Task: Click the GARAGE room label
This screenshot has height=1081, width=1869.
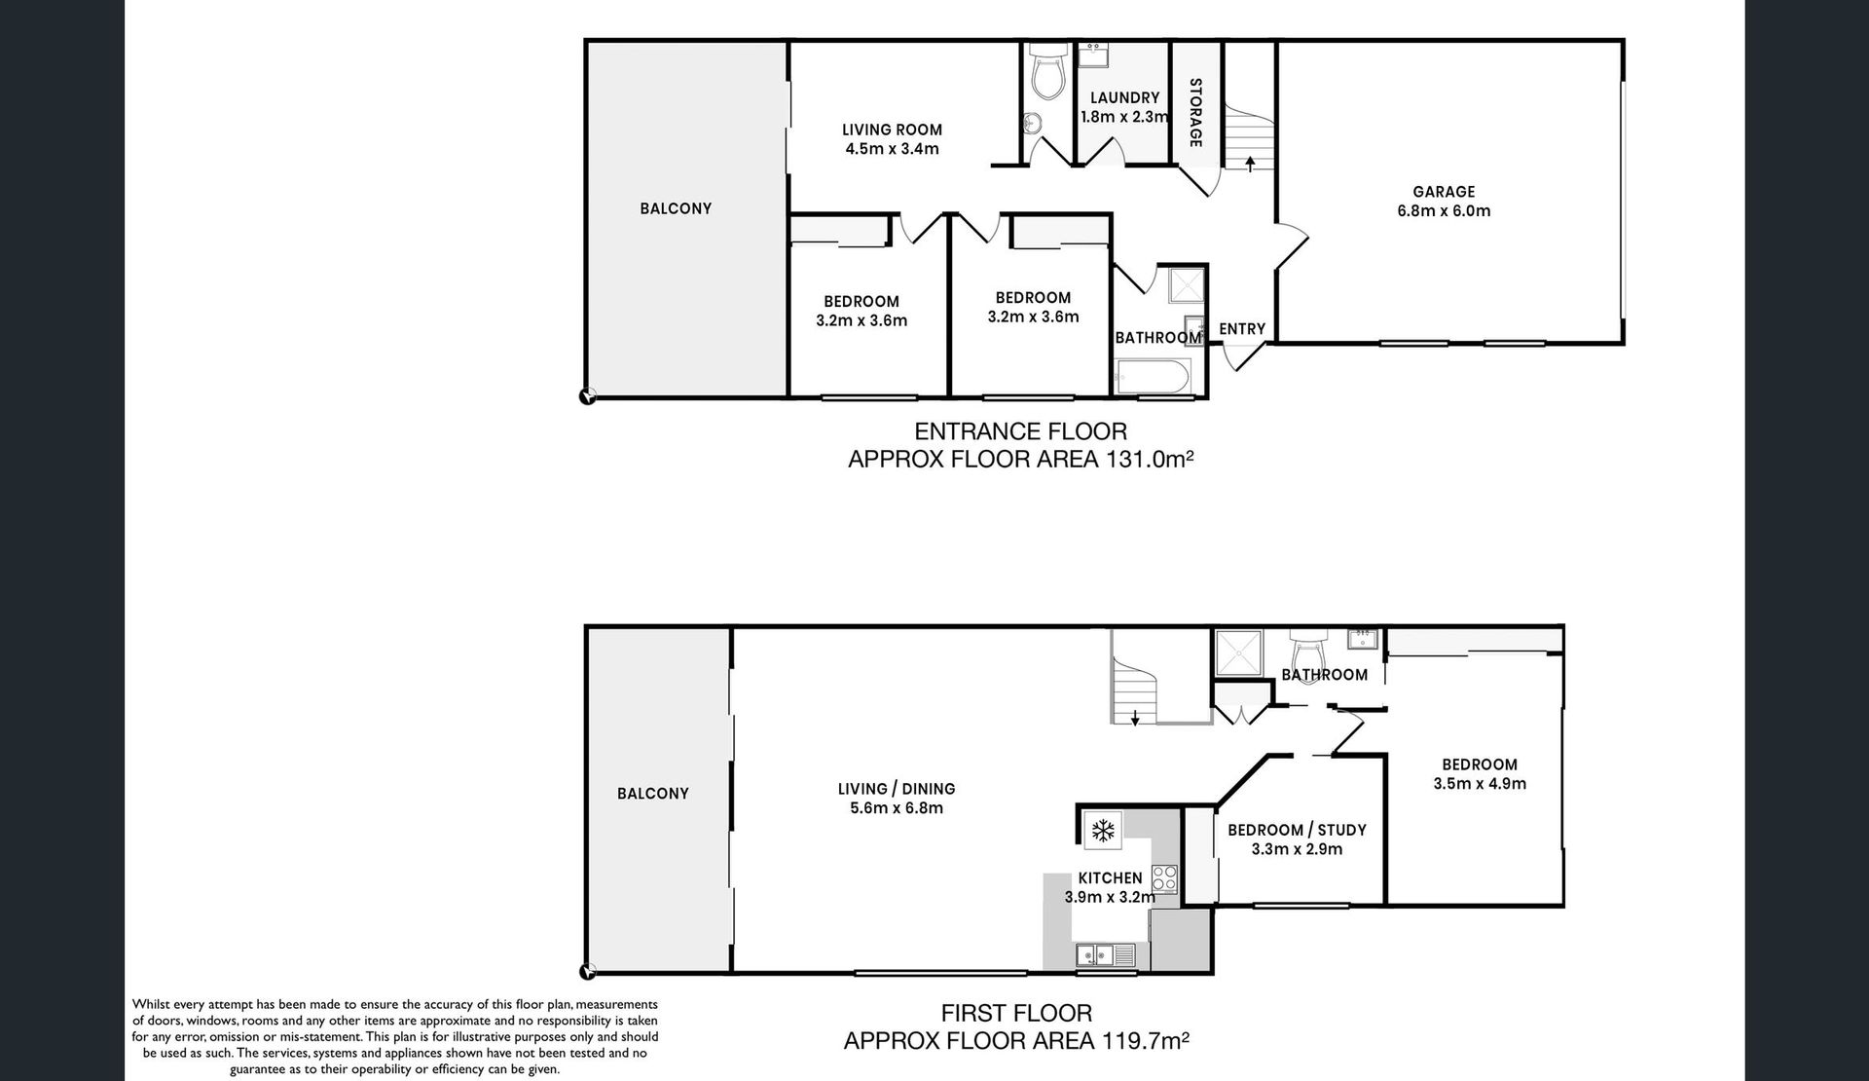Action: [1444, 192]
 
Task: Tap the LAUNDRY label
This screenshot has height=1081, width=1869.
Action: [1124, 97]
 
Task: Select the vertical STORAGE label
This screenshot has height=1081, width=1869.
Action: [1195, 113]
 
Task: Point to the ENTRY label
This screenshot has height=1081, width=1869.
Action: [1242, 329]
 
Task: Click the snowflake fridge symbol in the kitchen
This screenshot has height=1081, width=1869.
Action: [1102, 831]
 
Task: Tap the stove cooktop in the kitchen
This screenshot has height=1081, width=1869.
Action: [1165, 878]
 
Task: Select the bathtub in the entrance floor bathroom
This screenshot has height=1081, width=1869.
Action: [1152, 377]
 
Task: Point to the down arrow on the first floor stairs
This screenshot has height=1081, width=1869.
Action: [1135, 718]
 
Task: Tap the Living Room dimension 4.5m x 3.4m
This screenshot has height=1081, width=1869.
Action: [892, 149]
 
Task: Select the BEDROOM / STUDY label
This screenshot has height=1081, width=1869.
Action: [1297, 830]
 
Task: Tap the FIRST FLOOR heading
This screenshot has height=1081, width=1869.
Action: [1016, 1014]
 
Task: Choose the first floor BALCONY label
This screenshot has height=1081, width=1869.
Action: [652, 794]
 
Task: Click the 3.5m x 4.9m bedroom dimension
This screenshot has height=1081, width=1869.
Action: [1480, 783]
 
